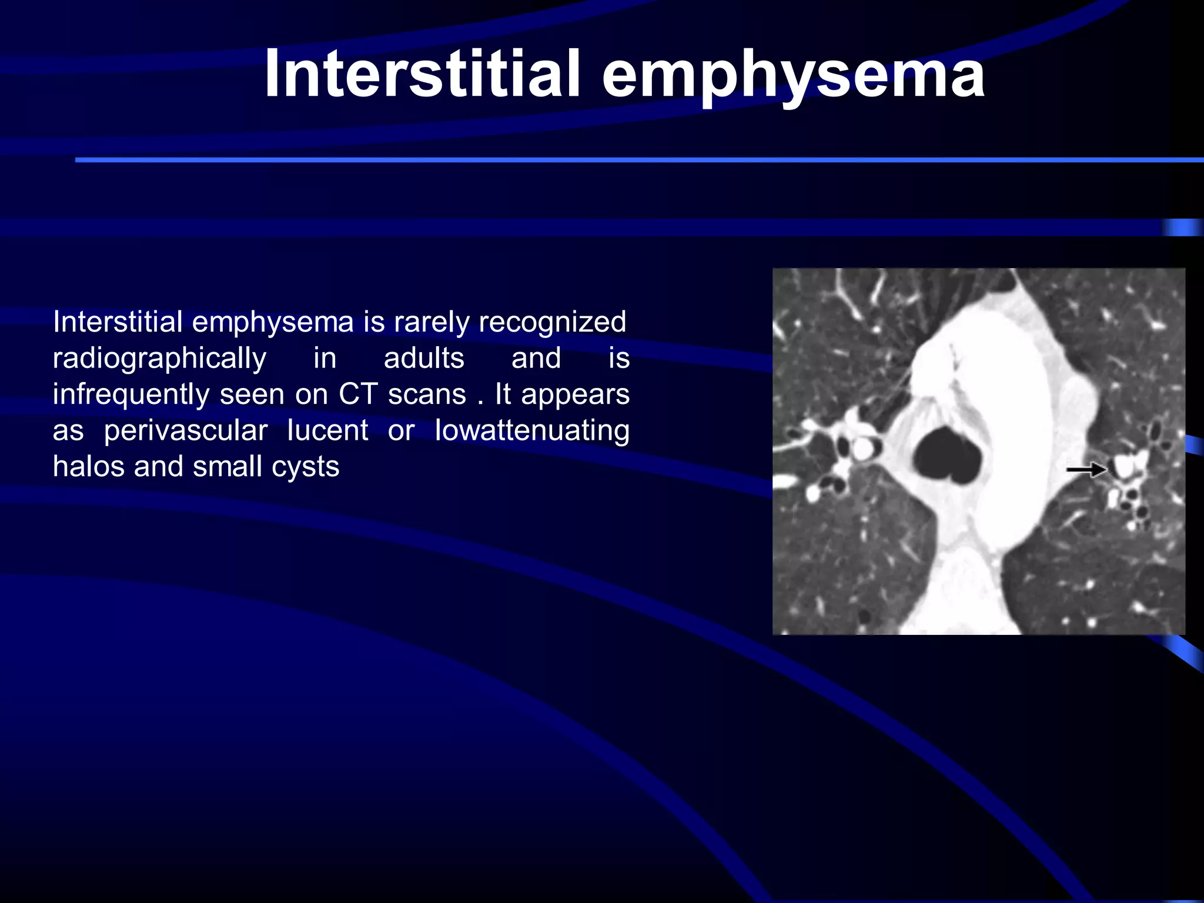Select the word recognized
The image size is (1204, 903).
point(553,323)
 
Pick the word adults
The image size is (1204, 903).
point(424,358)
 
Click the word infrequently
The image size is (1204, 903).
point(131,395)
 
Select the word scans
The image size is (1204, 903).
point(427,395)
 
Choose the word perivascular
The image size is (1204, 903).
point(186,431)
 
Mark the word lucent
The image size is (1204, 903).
point(327,431)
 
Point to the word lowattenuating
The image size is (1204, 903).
point(532,431)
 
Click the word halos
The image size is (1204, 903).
point(88,467)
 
